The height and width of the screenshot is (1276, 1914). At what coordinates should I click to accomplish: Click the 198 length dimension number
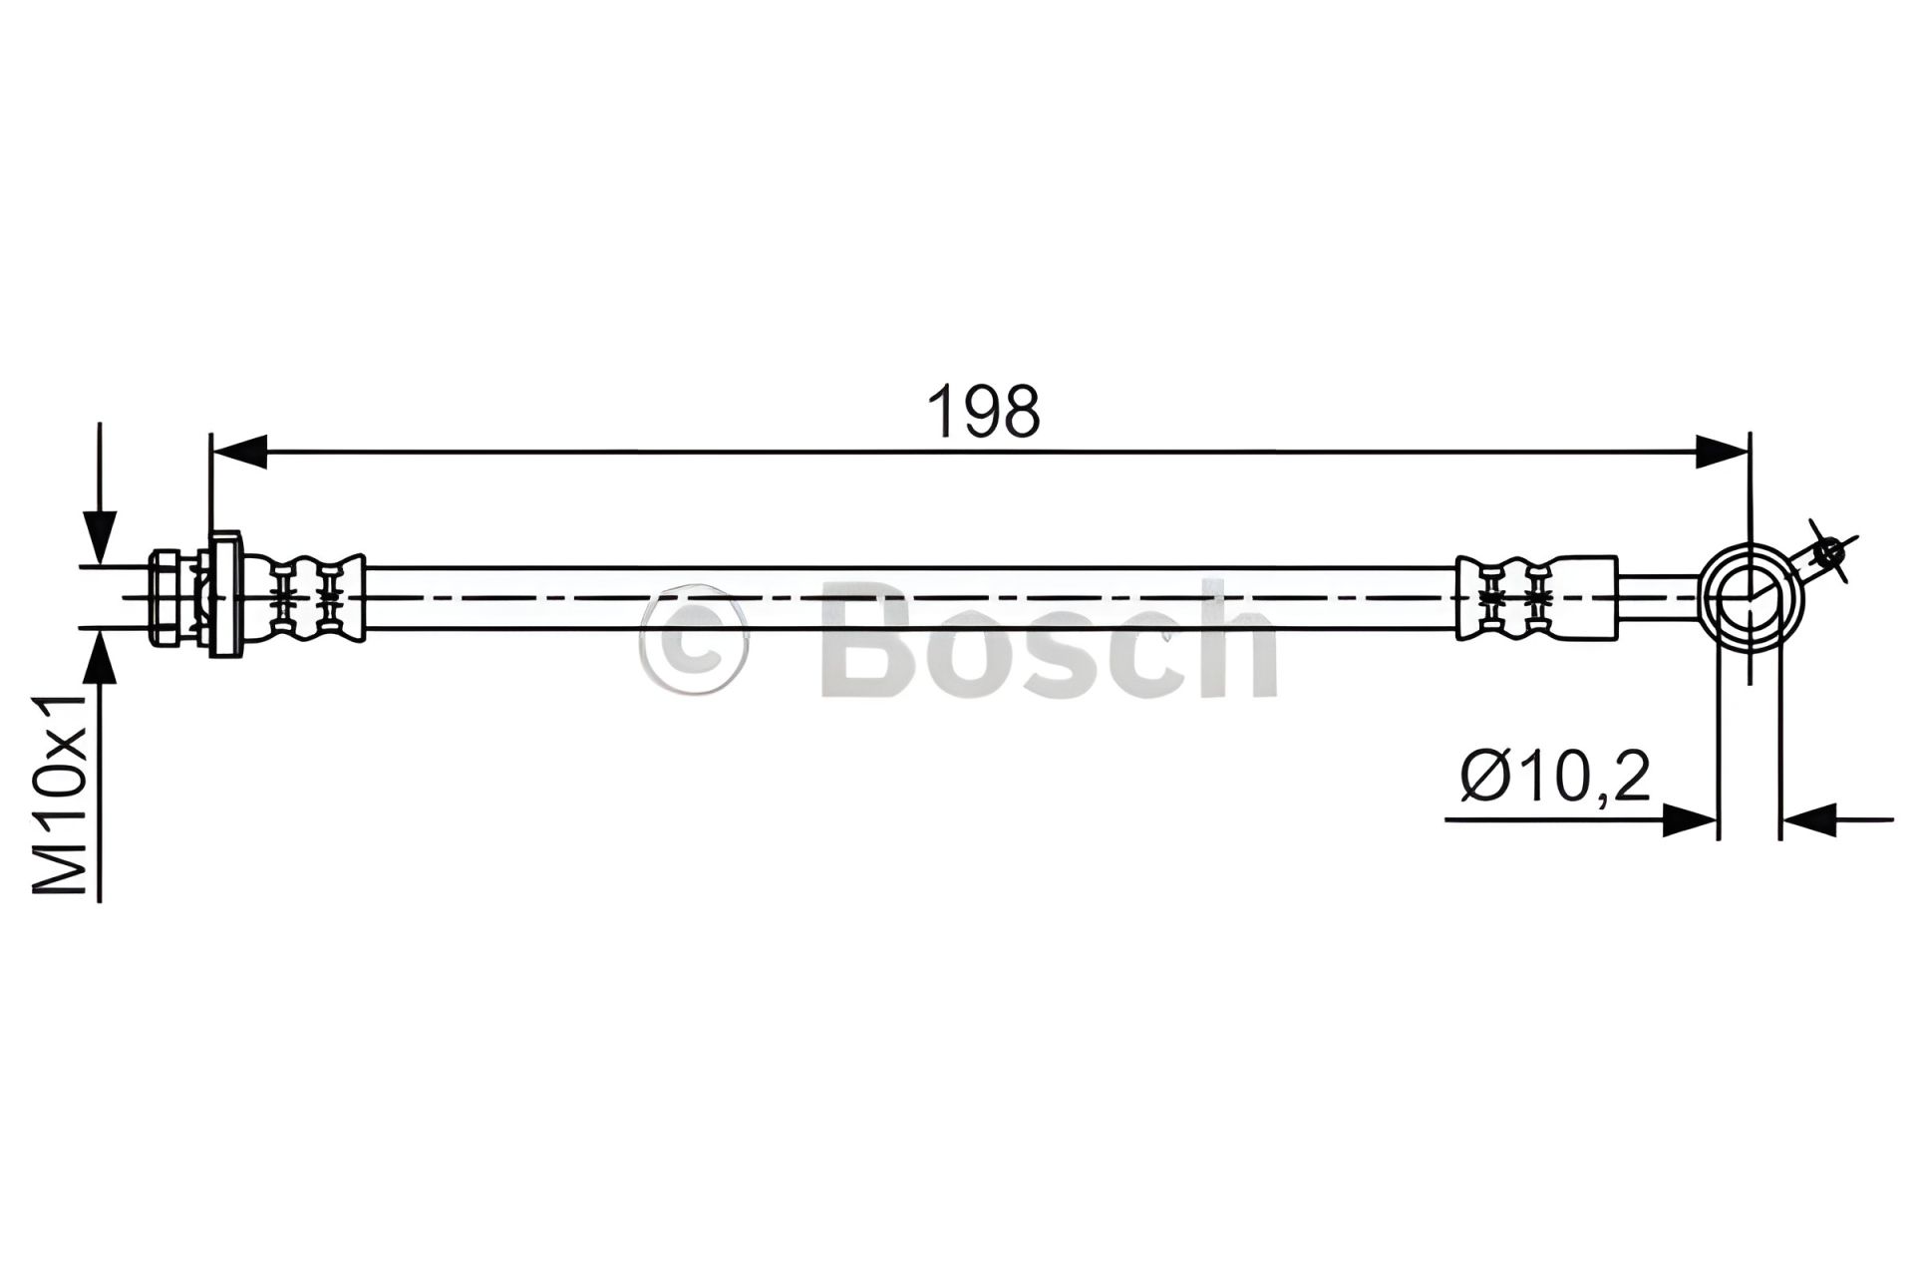click(984, 412)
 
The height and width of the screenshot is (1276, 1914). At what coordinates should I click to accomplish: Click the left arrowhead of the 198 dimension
click(239, 452)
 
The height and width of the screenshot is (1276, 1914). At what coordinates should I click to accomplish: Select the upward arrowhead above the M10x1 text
click(100, 656)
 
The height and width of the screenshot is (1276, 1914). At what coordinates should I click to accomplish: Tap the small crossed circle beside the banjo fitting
click(1827, 550)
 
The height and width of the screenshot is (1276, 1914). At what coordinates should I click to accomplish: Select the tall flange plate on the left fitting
click(225, 596)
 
